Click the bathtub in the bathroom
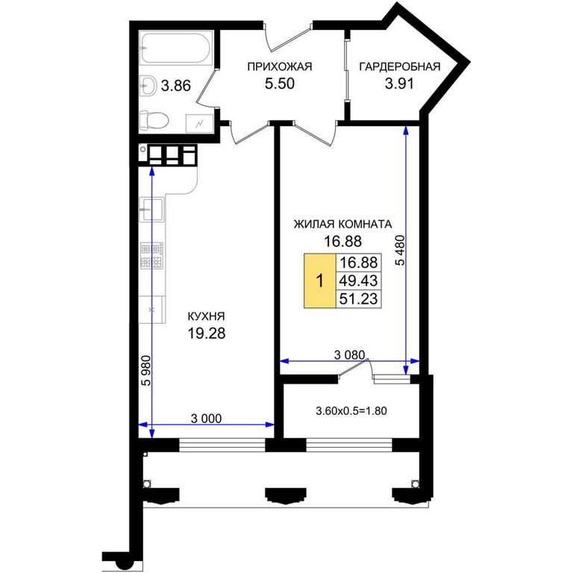tap(176, 48)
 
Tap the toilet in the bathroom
tap(154, 120)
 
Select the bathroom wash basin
tap(148, 86)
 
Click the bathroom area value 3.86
tap(176, 86)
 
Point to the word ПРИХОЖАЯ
tap(280, 67)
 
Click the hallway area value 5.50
tap(280, 84)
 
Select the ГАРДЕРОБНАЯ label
tap(399, 67)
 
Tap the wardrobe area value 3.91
tap(399, 84)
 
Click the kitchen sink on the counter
tap(152, 210)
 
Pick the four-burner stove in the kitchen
tap(151, 256)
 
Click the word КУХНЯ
tap(206, 316)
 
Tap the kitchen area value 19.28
tap(207, 333)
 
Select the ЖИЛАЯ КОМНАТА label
tap(342, 224)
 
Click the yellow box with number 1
tap(320, 281)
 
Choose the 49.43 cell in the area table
tap(358, 281)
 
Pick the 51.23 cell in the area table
tap(358, 298)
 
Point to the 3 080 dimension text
tap(349, 355)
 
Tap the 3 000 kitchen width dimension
tap(206, 419)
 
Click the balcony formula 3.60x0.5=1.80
tap(351, 411)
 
